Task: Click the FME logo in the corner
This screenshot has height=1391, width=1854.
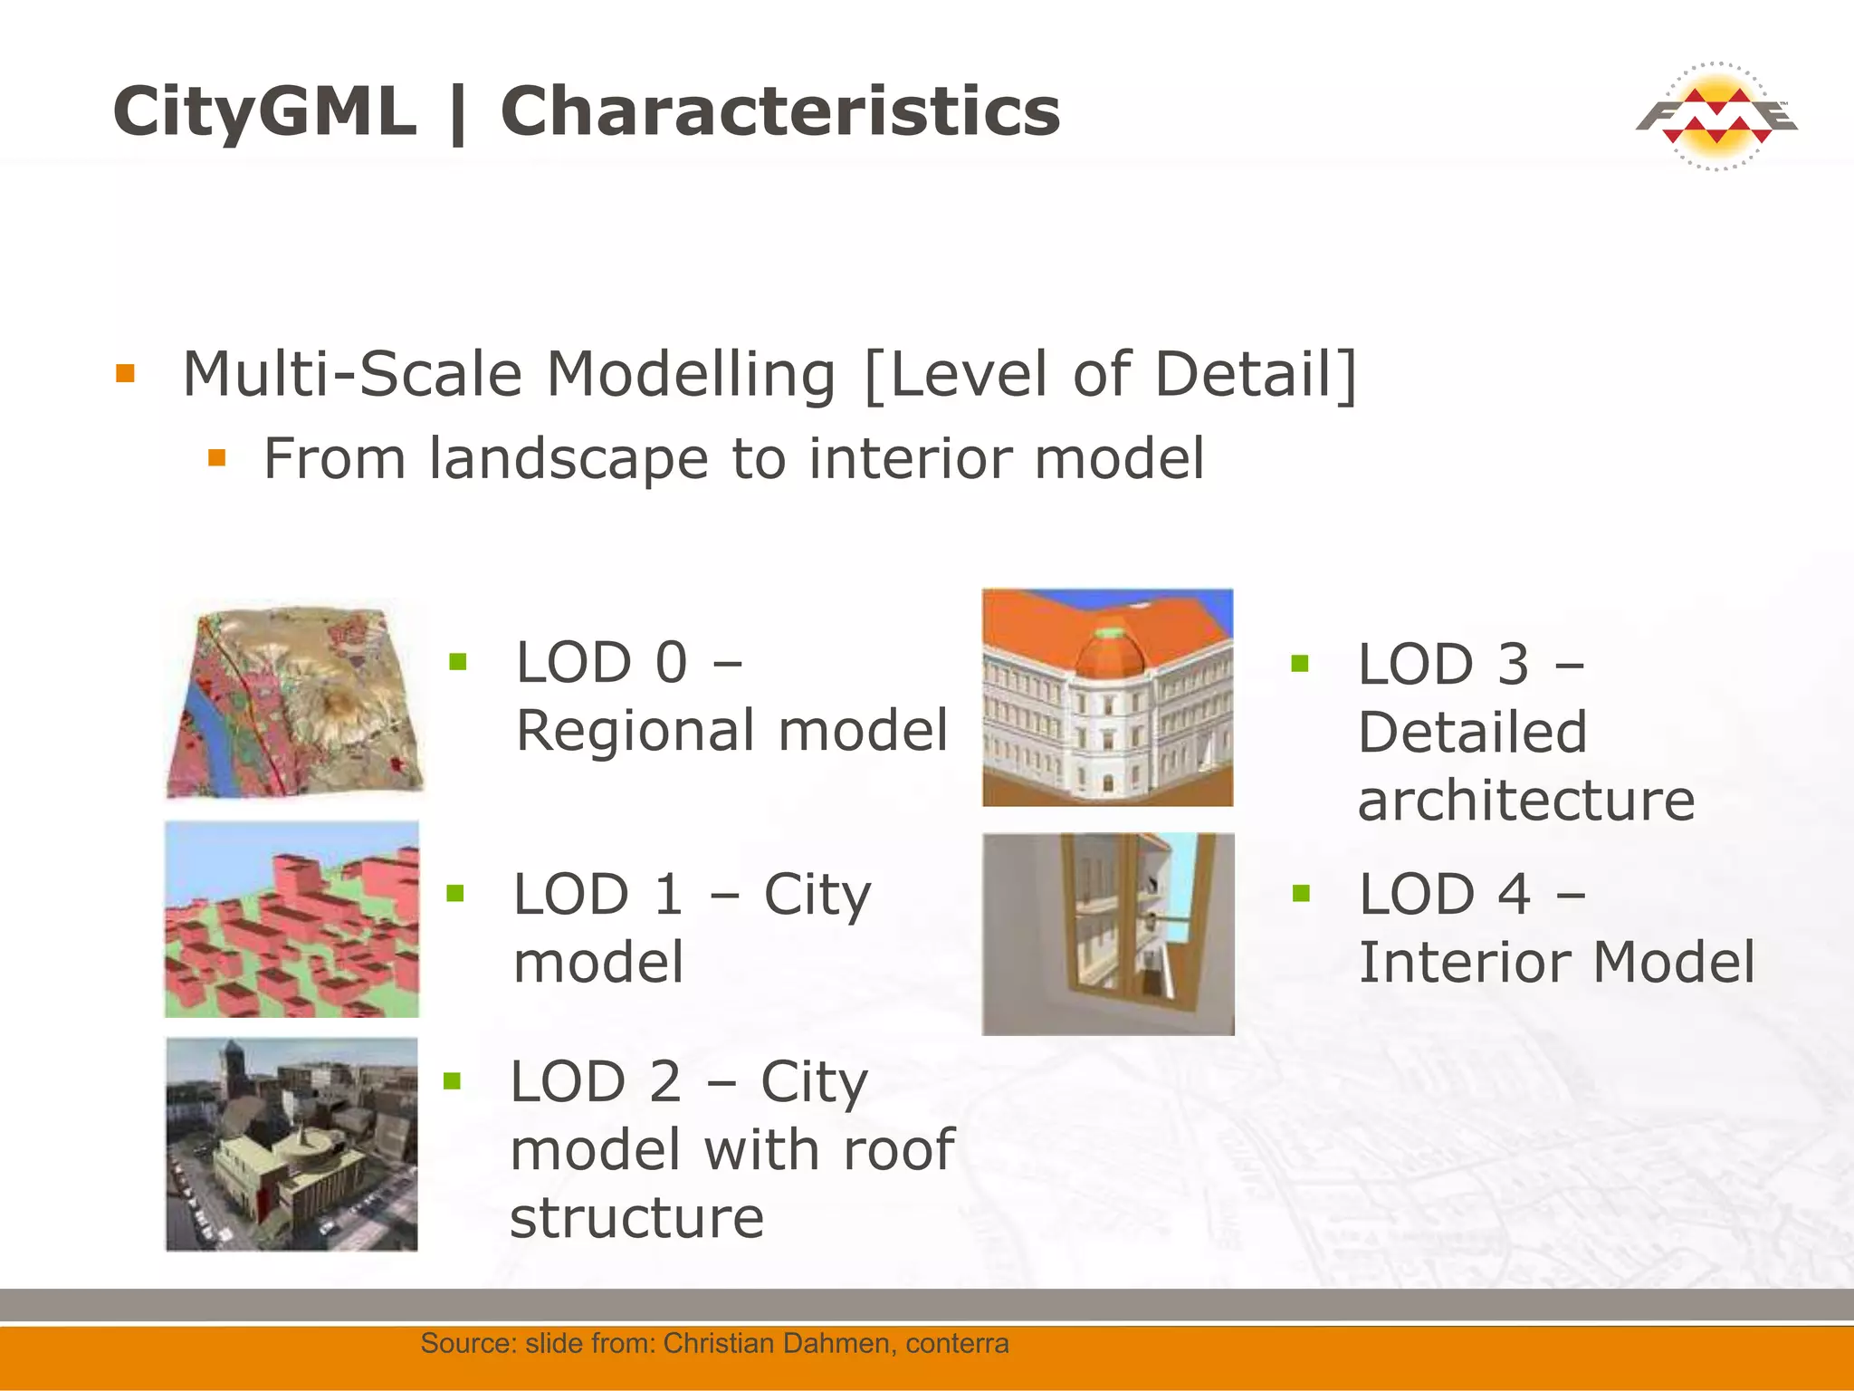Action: [1715, 117]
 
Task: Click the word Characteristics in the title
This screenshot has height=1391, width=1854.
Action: [779, 111]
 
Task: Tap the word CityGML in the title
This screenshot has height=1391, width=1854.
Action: [264, 111]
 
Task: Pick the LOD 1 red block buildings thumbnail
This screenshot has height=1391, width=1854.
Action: [291, 919]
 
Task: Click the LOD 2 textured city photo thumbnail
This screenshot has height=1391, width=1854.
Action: [291, 1145]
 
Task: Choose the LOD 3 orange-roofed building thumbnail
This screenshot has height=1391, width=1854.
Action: [1107, 697]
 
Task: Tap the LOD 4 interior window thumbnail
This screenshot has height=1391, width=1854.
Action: [1108, 934]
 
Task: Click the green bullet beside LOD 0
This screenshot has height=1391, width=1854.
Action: [458, 662]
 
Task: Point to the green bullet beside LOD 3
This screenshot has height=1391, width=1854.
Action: [1300, 664]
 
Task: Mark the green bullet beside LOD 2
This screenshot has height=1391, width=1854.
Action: [453, 1080]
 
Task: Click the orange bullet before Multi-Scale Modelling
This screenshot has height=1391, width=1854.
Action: [125, 373]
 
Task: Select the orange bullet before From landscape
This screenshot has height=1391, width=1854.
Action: [216, 457]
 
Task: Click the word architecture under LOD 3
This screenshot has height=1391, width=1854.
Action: [1526, 801]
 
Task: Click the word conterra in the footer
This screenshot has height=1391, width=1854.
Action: [956, 1343]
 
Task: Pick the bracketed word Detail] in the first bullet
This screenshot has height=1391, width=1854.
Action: [1256, 374]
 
